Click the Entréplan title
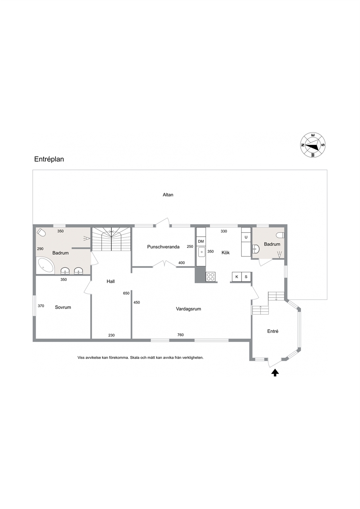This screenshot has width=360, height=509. pyautogui.click(x=49, y=159)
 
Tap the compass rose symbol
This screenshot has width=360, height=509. pyautogui.click(x=313, y=145)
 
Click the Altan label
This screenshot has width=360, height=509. pyautogui.click(x=168, y=195)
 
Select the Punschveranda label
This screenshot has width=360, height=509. pyautogui.click(x=163, y=247)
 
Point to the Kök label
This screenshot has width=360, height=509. pyautogui.click(x=226, y=253)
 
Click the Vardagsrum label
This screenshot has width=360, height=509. pyautogui.click(x=188, y=309)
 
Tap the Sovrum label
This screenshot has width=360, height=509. pyautogui.click(x=63, y=307)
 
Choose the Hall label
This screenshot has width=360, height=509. pyautogui.click(x=111, y=282)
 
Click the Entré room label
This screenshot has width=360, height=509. pyautogui.click(x=273, y=331)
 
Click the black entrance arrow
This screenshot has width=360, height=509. pyautogui.click(x=275, y=373)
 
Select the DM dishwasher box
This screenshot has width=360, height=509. pyautogui.click(x=201, y=242)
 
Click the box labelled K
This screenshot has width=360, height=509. pyautogui.click(x=237, y=277)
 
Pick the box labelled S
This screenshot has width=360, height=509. pyautogui.click(x=246, y=277)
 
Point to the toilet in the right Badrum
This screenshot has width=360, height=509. pyautogui.click(x=281, y=235)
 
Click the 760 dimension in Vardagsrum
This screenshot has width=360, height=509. pyautogui.click(x=180, y=335)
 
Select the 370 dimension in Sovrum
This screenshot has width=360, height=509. pyautogui.click(x=41, y=306)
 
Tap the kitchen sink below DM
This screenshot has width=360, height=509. pyautogui.click(x=201, y=252)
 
